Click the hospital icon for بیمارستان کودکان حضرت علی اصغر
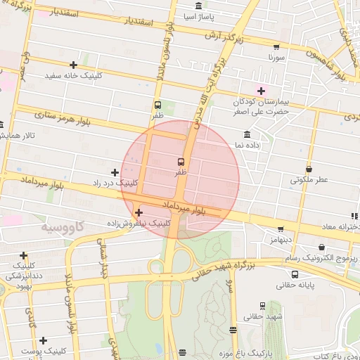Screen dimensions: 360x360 (x=262, y=90)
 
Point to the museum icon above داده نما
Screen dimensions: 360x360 (x=247, y=134)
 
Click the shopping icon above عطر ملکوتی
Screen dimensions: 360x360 (x=309, y=169)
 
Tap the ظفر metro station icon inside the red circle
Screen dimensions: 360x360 (x=182, y=162)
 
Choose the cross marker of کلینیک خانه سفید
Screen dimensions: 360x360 (x=73, y=65)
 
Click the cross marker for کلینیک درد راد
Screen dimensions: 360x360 (x=115, y=172)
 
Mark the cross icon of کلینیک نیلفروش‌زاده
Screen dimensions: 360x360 (x=139, y=212)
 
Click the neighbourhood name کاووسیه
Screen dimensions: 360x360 (x=62, y=227)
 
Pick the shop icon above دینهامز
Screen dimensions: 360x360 (x=281, y=229)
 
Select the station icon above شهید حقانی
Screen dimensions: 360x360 (x=262, y=306)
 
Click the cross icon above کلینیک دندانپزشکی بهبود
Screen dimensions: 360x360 (x=23, y=255)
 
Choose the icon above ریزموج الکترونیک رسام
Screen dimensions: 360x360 (x=321, y=247)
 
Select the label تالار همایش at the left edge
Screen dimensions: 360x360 (x=14, y=134)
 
